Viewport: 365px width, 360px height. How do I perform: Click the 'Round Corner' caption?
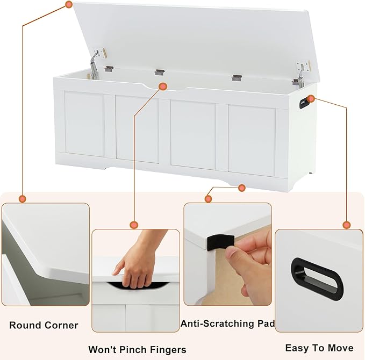[44, 325]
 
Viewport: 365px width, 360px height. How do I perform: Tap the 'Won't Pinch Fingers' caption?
[137, 350]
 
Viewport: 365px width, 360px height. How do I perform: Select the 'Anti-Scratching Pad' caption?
[228, 323]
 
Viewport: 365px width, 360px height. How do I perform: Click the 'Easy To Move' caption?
[319, 348]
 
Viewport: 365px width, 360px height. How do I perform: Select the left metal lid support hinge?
[96, 62]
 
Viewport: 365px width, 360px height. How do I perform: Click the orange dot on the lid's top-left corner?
[69, 4]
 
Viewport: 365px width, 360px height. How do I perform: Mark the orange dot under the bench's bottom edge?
[242, 188]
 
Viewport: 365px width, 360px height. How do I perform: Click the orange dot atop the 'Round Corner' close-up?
[23, 199]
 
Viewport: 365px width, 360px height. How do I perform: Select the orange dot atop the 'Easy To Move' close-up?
[347, 225]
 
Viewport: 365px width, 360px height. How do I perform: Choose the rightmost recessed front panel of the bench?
[252, 132]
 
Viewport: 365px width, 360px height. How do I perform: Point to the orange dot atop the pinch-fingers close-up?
[134, 225]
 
